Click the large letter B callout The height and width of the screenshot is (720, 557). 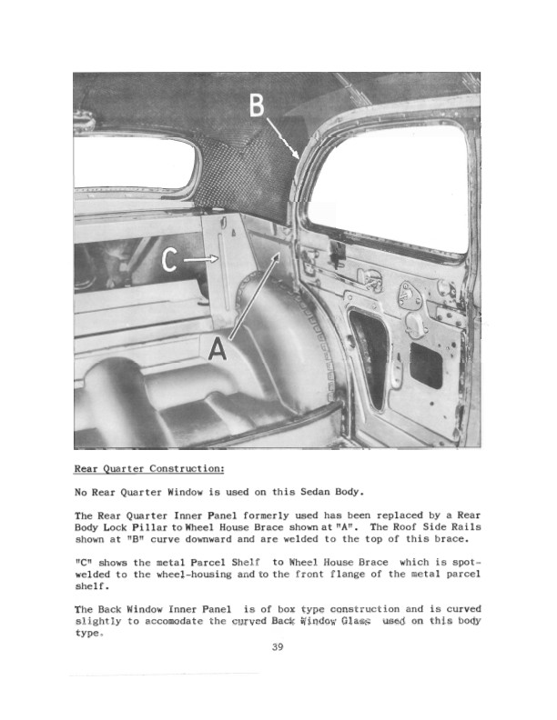pyautogui.click(x=258, y=107)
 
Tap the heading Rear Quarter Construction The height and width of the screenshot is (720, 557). pyautogui.click(x=148, y=470)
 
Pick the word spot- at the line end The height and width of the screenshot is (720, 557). pyautogui.click(x=463, y=561)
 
